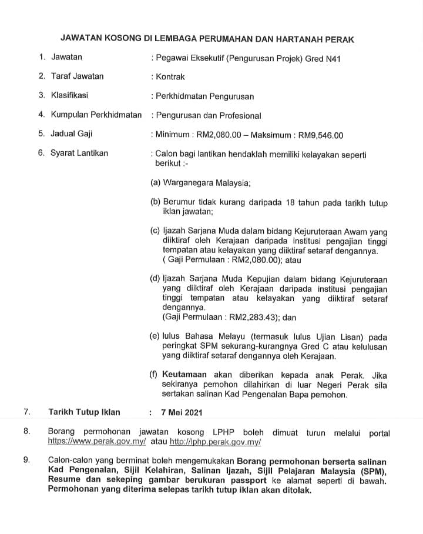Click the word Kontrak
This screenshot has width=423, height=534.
(170, 76)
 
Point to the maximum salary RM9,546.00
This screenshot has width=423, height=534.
(321, 135)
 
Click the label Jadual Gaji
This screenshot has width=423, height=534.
(72, 134)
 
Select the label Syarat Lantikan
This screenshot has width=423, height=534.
(79, 153)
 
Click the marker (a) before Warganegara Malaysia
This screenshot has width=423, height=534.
(156, 183)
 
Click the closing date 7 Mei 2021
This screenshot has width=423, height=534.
(184, 413)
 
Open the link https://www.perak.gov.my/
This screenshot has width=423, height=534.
(96, 441)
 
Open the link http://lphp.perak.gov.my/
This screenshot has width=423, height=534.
(215, 441)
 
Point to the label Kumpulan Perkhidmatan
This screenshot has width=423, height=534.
(96, 115)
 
